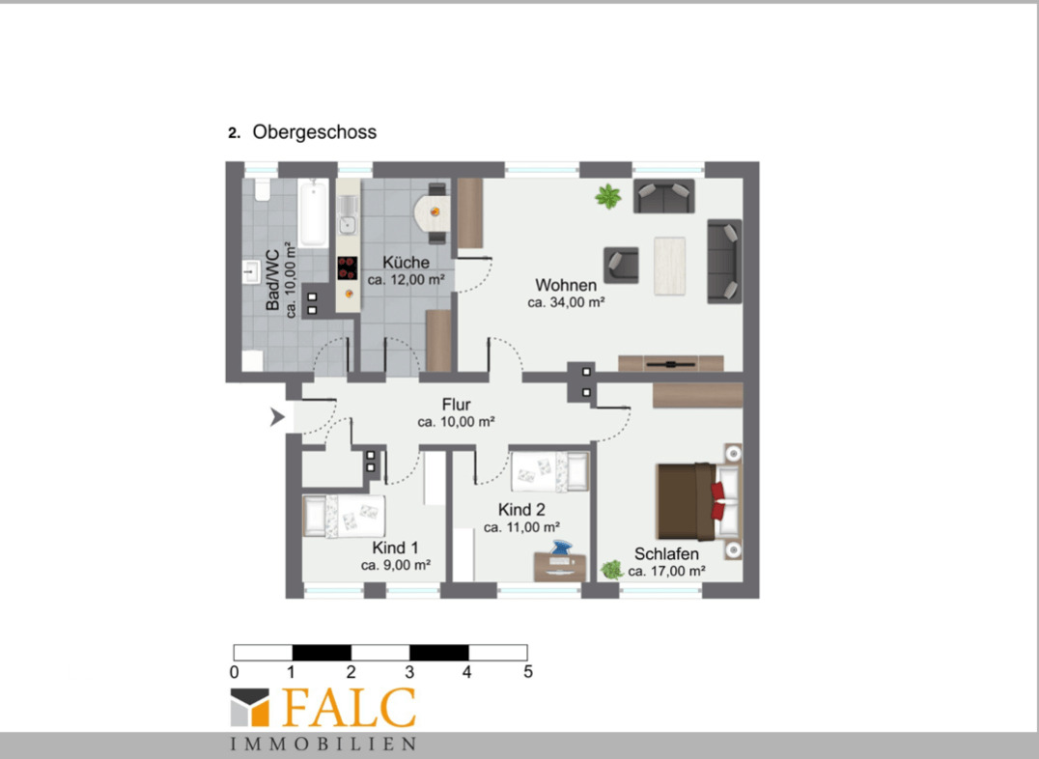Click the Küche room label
(407, 263)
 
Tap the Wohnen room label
(566, 285)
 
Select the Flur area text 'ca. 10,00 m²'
(456, 422)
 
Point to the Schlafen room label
(666, 554)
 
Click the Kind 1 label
(396, 548)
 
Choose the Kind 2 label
(521, 510)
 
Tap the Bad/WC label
(272, 280)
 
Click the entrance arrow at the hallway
(277, 417)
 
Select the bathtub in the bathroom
(313, 212)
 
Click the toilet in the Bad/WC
(263, 189)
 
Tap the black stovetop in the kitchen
(348, 268)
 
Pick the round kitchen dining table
(432, 212)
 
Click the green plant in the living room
(607, 196)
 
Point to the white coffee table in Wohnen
(670, 266)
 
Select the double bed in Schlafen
(698, 501)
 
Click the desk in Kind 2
(560, 568)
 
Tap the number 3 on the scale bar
(409, 672)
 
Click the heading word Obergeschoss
(314, 132)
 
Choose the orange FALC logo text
(349, 708)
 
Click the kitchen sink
(348, 225)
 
